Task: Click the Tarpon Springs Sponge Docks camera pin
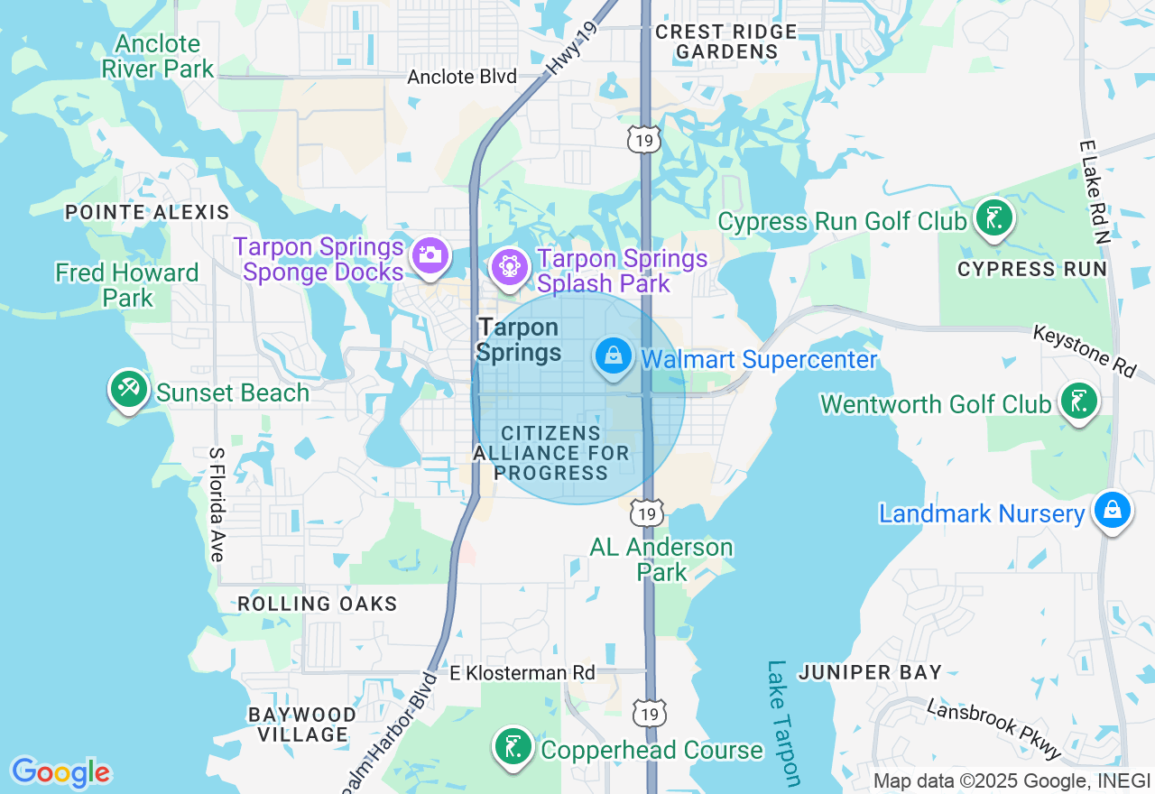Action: (430, 255)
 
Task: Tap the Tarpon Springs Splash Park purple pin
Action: (510, 267)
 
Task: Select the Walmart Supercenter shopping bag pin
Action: (614, 355)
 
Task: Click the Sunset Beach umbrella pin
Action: (128, 390)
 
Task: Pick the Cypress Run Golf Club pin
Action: (993, 218)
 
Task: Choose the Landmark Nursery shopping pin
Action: (1113, 511)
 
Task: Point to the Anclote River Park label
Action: (158, 56)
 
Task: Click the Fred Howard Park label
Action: (126, 285)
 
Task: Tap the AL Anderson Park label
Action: (661, 559)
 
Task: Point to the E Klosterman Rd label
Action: (522, 673)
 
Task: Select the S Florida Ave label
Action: (216, 504)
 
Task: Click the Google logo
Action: (60, 772)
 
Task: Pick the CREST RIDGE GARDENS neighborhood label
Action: (726, 42)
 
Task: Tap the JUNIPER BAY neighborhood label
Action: (870, 672)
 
